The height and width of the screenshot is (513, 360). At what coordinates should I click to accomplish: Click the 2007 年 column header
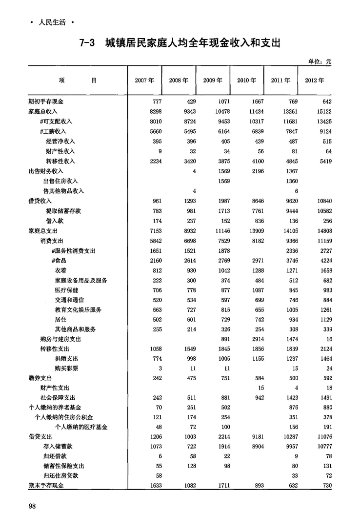point(144,80)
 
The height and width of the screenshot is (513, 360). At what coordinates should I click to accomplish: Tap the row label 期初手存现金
point(46,102)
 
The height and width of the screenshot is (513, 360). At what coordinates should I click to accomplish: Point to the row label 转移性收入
point(60,161)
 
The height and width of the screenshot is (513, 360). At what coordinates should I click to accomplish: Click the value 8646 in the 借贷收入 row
point(254,201)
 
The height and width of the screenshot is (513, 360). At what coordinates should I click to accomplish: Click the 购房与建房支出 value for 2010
point(254,339)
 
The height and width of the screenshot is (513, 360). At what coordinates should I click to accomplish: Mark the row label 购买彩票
point(66,369)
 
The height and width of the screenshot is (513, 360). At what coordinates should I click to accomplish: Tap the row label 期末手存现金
point(46,486)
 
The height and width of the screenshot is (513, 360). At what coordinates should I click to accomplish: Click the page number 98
point(33,506)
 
